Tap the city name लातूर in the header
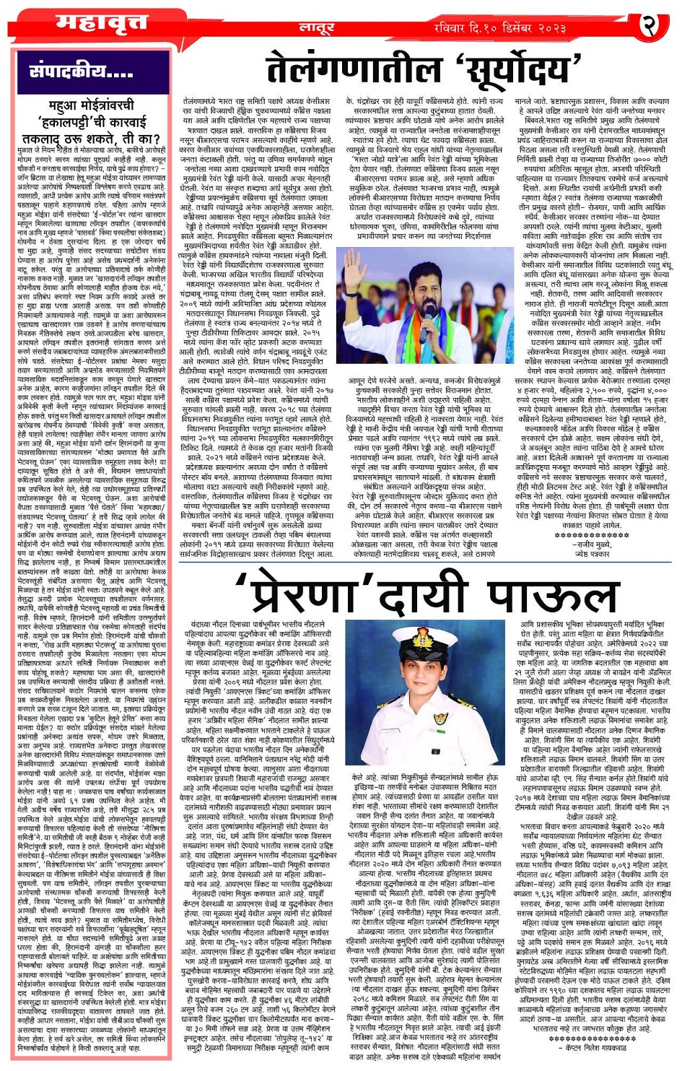(x=317, y=28)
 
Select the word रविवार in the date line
(x=455, y=28)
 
